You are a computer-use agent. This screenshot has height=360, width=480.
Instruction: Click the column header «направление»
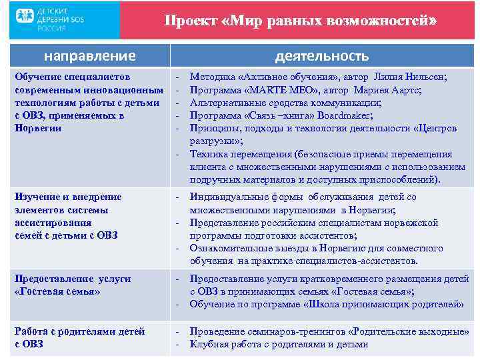(89, 56)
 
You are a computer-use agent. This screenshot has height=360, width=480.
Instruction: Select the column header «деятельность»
(321, 56)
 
